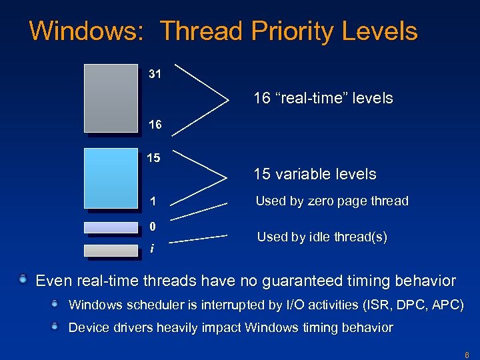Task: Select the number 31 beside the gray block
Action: coord(155,74)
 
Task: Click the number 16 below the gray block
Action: coord(155,125)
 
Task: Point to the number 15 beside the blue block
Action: coord(153,158)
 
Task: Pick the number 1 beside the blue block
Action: coord(153,201)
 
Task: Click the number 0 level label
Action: coord(153,226)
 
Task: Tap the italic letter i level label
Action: coord(153,249)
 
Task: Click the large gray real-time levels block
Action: coord(111,97)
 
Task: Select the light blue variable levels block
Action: coord(111,177)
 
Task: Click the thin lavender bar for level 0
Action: coord(111,227)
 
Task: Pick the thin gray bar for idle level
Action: coord(111,250)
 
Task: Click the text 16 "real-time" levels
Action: coord(323,99)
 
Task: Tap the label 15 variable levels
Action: coord(315,175)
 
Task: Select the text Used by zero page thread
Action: coord(332,201)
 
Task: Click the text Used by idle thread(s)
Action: coord(322,237)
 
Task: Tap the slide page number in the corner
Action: coord(467,355)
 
